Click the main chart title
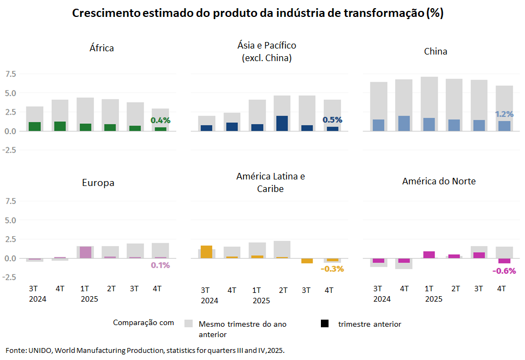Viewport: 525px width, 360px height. [x=258, y=14]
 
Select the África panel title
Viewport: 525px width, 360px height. [x=102, y=48]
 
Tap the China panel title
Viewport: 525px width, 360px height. [x=435, y=51]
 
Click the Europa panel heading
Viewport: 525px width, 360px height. [x=98, y=183]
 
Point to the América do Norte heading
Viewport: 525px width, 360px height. [x=439, y=181]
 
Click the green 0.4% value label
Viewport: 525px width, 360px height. [x=160, y=120]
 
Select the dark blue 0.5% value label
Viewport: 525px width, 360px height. [x=332, y=120]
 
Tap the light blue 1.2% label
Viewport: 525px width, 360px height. [x=504, y=114]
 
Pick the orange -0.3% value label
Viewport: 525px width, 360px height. [x=332, y=269]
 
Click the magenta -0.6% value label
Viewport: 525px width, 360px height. [x=504, y=271]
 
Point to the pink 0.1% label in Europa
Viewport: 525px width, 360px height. [x=160, y=265]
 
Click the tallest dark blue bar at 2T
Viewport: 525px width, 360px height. [x=282, y=123]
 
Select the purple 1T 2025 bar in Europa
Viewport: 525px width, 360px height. [x=85, y=252]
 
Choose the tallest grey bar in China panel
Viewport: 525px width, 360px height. [x=429, y=104]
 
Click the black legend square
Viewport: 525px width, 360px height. [x=325, y=324]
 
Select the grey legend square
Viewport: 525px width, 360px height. [x=189, y=324]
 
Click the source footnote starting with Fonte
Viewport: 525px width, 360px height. [x=145, y=350]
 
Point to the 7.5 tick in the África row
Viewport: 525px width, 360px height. [x=11, y=74]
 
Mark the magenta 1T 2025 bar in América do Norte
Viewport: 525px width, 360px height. [x=429, y=255]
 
